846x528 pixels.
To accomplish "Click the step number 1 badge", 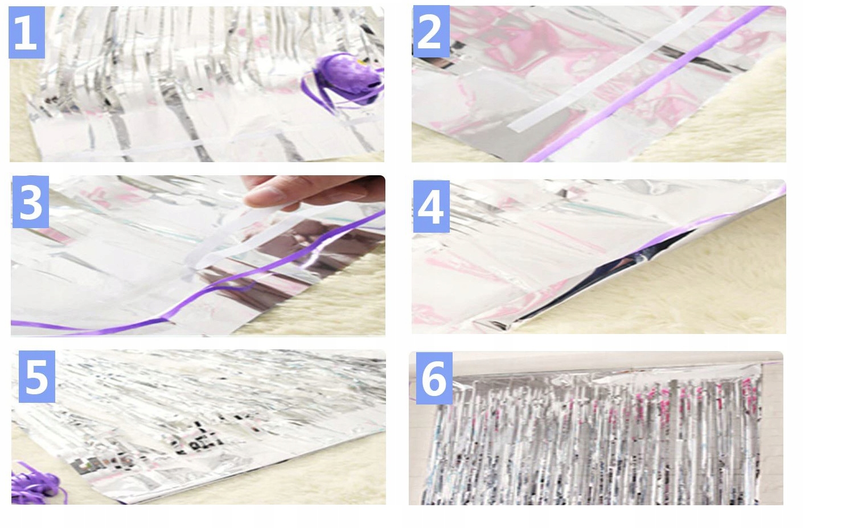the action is pyautogui.click(x=27, y=32).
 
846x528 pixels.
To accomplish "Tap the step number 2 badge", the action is pyautogui.click(x=432, y=31).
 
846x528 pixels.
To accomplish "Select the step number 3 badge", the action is pyautogui.click(x=31, y=202).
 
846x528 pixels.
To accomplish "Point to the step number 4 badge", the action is pyautogui.click(x=432, y=207).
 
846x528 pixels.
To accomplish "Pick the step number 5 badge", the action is pyautogui.click(x=37, y=376).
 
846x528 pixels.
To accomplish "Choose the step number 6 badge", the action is pyautogui.click(x=434, y=378).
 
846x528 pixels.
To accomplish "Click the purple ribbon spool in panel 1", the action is pyautogui.click(x=342, y=81).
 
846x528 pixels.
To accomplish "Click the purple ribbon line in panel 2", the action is pyautogui.click(x=648, y=84).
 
